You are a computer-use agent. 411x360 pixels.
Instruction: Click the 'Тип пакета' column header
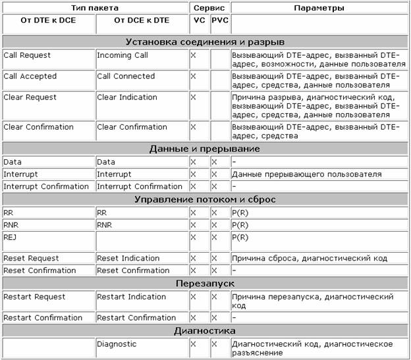95,8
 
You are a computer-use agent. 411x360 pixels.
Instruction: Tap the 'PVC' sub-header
219,20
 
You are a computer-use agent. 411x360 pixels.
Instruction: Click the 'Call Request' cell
27,55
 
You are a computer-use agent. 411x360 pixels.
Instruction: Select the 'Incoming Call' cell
119,55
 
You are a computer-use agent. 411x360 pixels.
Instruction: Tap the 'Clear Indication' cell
127,97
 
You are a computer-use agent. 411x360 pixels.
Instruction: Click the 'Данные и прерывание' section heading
205,149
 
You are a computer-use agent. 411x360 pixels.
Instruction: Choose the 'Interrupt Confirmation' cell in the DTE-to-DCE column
46,186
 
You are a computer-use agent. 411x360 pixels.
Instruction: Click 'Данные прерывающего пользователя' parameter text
306,174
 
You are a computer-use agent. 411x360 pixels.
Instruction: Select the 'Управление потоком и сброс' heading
205,199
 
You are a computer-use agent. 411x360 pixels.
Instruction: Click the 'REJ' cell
9,237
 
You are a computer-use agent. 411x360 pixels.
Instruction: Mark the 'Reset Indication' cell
128,258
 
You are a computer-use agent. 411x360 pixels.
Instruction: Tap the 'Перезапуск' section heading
205,283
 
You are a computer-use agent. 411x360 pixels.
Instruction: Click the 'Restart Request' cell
32,297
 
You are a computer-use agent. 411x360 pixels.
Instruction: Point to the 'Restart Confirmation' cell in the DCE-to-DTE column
136,318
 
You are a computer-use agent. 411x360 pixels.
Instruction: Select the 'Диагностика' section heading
205,330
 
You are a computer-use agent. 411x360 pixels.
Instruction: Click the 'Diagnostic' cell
117,344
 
